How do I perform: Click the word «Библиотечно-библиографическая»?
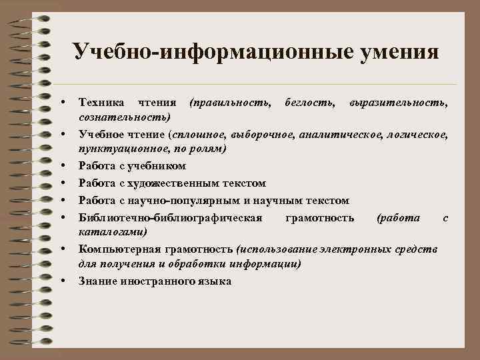tap(171, 217)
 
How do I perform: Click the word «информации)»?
tap(265, 264)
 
